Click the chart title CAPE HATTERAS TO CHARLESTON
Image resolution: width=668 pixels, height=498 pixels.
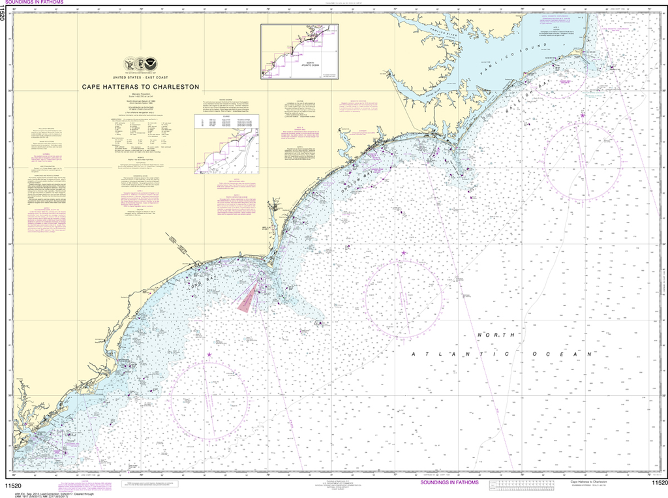[140, 86]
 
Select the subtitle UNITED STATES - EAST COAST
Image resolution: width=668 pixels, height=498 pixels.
[140, 77]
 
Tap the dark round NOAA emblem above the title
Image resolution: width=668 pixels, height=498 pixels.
[151, 64]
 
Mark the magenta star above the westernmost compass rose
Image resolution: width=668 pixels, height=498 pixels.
[209, 354]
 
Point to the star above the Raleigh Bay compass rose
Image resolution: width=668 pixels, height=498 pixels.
[583, 116]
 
